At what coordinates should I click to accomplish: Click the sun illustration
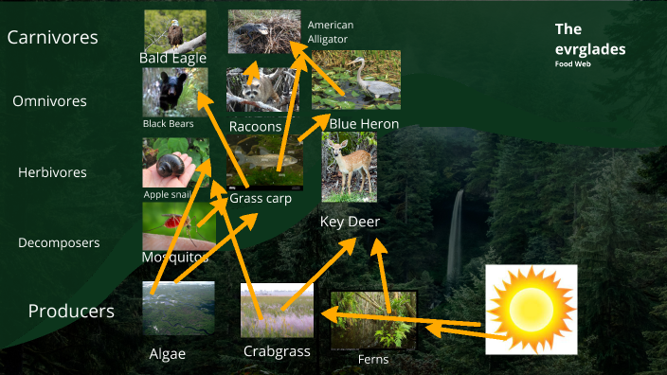tap(531, 310)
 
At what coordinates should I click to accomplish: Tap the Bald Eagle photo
tap(174, 31)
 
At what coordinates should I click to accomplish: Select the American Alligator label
tap(330, 31)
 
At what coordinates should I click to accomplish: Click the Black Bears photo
tap(175, 92)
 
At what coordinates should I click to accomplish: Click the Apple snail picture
tap(175, 162)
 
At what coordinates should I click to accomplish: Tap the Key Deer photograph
tap(349, 168)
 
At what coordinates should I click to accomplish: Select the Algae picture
tap(178, 308)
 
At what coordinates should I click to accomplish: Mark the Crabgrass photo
tap(276, 310)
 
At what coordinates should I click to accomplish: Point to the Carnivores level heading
tap(53, 38)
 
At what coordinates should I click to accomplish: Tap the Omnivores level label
tap(49, 101)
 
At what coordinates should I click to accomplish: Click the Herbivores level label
tap(52, 172)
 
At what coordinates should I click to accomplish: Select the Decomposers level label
tap(59, 243)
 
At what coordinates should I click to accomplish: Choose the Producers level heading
tap(71, 311)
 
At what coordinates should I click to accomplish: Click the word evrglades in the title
tap(590, 49)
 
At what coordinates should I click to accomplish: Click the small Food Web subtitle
tap(572, 63)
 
